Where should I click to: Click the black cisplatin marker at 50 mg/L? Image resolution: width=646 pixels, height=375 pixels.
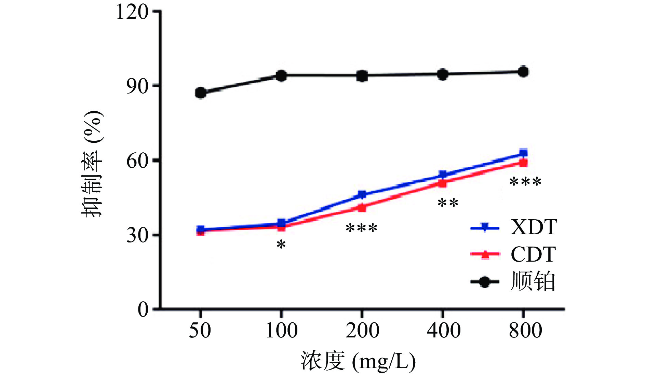coord(201,93)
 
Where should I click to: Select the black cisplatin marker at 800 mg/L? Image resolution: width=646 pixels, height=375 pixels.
coord(523,72)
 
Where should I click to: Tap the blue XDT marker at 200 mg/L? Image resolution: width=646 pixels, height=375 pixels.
coord(362,195)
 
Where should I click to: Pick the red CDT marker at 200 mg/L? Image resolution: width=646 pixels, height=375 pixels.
coord(362,207)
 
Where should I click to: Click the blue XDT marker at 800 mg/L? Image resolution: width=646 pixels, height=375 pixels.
coord(523,153)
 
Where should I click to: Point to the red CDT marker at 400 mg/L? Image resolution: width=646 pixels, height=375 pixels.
coord(443,183)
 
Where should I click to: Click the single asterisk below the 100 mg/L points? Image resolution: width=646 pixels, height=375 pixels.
coord(281,245)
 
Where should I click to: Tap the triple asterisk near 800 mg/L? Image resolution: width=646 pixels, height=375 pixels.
coord(525,182)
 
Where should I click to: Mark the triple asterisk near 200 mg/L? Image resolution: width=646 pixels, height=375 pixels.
coord(362,228)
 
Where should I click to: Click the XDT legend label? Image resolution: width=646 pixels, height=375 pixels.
coord(534,227)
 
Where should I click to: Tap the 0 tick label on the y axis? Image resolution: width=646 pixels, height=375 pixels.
coord(143,310)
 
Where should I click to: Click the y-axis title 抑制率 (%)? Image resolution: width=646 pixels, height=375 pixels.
coord(92,164)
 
